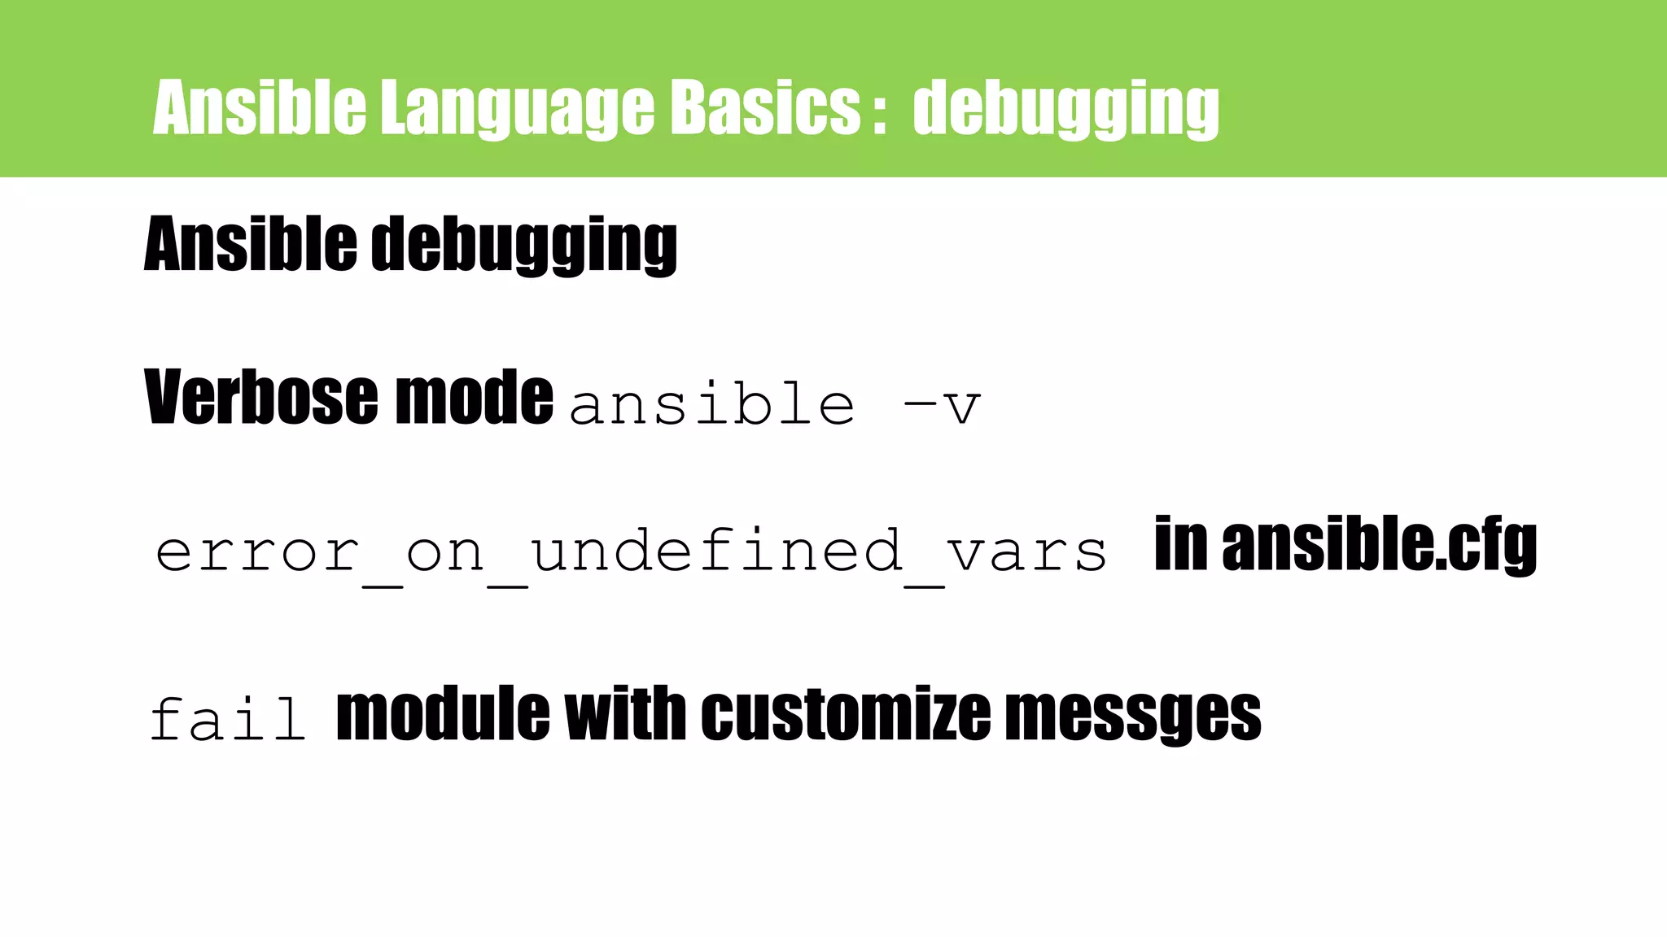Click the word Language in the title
[x=517, y=108]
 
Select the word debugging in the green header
[x=1065, y=108]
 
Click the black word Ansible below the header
[x=250, y=244]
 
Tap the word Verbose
[x=261, y=397]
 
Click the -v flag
[x=942, y=405]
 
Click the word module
[x=443, y=713]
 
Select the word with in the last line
[x=625, y=713]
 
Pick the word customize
[x=845, y=713]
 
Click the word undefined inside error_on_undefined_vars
[x=716, y=551]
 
